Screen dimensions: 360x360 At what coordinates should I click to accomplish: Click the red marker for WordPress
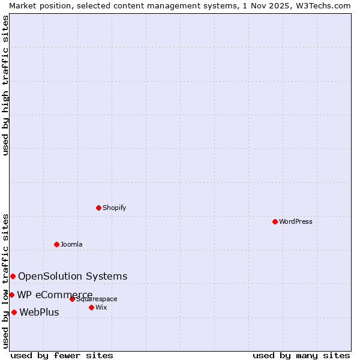point(275,221)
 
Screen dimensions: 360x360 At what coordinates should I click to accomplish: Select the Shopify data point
point(98,208)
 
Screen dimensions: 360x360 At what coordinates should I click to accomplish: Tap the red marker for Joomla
point(56,244)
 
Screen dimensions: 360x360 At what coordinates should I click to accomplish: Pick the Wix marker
point(91,307)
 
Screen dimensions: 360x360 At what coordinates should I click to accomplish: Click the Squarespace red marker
point(72,299)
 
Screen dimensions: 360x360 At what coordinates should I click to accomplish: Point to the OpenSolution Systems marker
point(13,276)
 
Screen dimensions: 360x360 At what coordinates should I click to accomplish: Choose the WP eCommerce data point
point(11,295)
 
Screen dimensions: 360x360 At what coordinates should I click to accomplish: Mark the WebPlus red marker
point(14,312)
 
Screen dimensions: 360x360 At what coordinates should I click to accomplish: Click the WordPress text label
point(296,221)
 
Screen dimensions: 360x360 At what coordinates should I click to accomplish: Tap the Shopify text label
point(114,208)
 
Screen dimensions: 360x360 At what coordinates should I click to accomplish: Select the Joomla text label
point(71,244)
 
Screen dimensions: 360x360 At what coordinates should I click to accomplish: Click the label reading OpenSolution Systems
point(73,276)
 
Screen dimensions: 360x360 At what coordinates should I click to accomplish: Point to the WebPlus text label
point(39,312)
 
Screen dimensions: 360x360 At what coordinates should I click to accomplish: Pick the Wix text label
point(101,307)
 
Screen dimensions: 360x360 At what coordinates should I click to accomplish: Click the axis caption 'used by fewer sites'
point(62,355)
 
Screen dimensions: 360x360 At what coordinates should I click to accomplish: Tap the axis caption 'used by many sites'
point(301,355)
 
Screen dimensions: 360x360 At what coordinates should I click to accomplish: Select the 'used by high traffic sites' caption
point(6,85)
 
